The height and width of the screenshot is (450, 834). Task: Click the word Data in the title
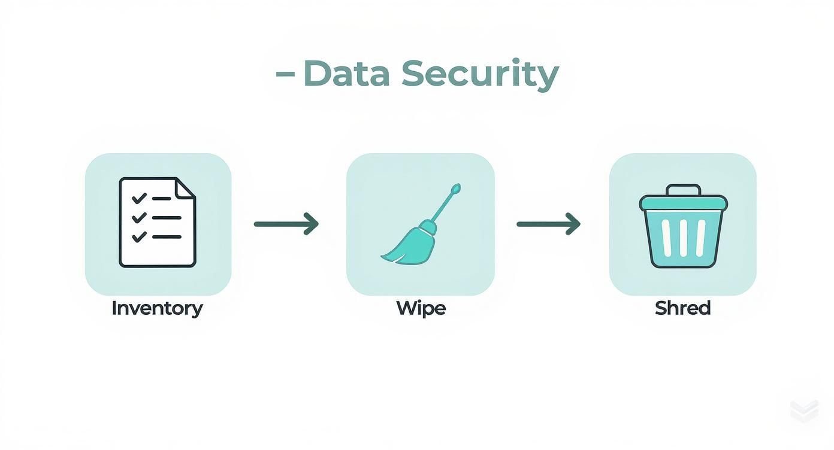click(x=347, y=73)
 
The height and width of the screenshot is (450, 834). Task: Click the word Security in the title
click(x=480, y=75)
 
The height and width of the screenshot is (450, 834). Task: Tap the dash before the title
click(x=285, y=73)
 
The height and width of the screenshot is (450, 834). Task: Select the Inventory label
click(x=157, y=309)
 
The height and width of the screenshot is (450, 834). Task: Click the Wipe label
click(x=421, y=308)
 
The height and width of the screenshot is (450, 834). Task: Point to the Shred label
click(x=682, y=308)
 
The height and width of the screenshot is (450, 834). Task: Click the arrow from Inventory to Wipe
click(x=286, y=224)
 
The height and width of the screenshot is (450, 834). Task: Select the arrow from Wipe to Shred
click(x=548, y=224)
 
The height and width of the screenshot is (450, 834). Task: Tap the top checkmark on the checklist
click(x=139, y=198)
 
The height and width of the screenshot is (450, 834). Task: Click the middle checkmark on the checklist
click(x=139, y=217)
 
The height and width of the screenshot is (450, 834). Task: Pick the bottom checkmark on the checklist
click(x=139, y=236)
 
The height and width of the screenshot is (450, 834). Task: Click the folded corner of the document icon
click(x=185, y=188)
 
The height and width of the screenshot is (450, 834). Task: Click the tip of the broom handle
click(x=456, y=187)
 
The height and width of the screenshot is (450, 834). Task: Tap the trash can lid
click(x=683, y=203)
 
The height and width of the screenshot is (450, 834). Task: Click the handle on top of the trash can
click(x=683, y=190)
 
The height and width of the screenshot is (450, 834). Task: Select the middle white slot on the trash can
click(x=683, y=238)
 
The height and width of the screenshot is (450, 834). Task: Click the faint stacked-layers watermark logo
click(x=805, y=411)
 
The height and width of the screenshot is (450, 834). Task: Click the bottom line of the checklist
click(x=167, y=236)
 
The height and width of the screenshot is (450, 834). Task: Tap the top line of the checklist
click(x=161, y=199)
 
